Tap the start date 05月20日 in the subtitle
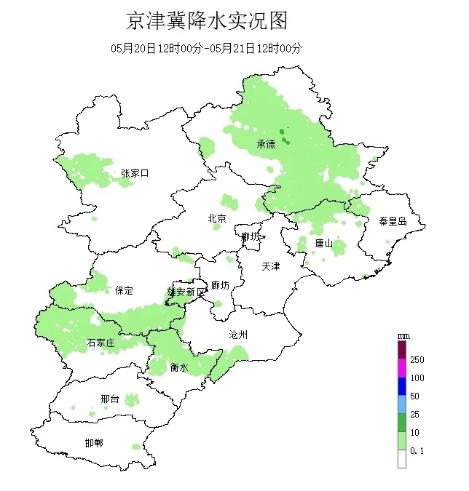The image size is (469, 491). [x=134, y=49]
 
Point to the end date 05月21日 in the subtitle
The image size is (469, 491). [x=232, y=49]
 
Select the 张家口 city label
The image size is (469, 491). [x=135, y=173]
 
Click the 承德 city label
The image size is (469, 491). [x=266, y=144]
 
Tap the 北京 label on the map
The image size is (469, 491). [x=217, y=218]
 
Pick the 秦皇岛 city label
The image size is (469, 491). [x=392, y=221]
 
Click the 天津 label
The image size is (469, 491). [x=271, y=266]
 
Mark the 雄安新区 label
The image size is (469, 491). [x=187, y=292]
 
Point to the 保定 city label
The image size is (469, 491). [x=124, y=290]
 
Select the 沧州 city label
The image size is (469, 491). [x=238, y=335]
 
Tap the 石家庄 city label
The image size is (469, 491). [x=101, y=343]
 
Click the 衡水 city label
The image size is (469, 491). [x=179, y=368]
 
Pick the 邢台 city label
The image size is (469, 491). [x=110, y=399]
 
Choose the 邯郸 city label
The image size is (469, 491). [x=94, y=443]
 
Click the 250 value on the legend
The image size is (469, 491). [x=417, y=360]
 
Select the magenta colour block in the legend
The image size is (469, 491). [x=401, y=369]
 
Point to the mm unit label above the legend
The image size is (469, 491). [x=402, y=336]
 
